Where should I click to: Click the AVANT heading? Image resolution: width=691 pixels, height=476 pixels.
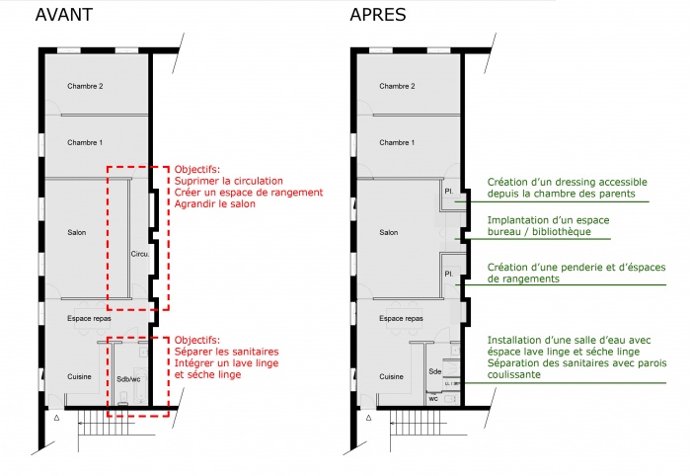pos(64,15)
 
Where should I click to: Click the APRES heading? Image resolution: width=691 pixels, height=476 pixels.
pos(378,15)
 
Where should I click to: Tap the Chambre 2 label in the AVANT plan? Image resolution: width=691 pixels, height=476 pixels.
pos(85,86)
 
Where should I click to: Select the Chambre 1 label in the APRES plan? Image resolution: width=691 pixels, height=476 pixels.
pos(397,142)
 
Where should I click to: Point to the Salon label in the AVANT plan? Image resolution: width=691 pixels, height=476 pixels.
pos(77,232)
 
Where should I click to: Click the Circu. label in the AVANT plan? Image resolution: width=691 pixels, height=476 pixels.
pos(140,254)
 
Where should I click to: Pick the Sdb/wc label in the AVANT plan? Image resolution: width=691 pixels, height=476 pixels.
pos(128,379)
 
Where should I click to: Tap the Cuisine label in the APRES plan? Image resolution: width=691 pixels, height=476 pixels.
pos(391,376)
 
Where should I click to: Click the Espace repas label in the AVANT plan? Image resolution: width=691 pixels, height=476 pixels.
pos(89,318)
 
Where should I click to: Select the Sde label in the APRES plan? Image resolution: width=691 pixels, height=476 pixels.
pos(435,371)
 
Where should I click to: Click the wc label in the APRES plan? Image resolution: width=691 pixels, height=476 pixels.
pos(433,398)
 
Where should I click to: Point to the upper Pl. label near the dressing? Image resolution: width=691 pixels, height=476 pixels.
pos(449,192)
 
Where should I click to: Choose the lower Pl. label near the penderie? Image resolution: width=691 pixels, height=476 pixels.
pos(449,274)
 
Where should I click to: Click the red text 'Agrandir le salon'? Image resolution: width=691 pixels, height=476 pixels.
pos(214,203)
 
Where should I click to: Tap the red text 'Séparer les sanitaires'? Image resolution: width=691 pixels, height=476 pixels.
pos(226,352)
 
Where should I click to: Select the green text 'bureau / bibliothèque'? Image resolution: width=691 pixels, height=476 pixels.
pos(539,231)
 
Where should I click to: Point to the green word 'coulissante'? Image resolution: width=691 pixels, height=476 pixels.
pos(514,374)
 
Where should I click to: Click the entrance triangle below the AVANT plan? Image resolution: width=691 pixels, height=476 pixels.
pos(56,418)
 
